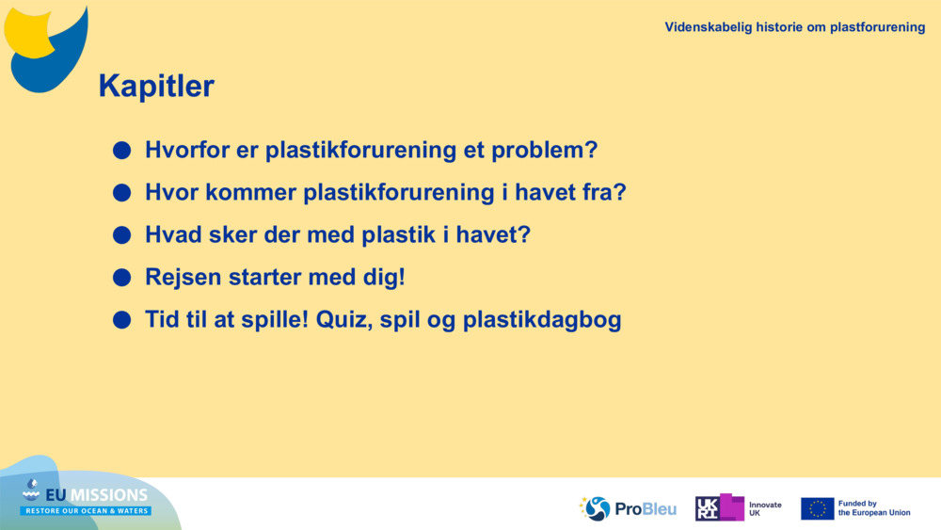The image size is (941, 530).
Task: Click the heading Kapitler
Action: [156, 86]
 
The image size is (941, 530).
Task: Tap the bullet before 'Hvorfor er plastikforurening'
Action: [121, 150]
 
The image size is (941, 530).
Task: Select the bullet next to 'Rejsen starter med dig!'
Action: [121, 278]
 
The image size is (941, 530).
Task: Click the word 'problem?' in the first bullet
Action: [544, 151]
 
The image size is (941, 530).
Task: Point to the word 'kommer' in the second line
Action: [251, 193]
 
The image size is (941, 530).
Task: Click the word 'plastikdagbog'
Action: [542, 320]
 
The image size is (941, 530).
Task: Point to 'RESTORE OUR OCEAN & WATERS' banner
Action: [86, 511]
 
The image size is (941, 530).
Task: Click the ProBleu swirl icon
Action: [596, 508]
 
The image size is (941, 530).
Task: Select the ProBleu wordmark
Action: [646, 509]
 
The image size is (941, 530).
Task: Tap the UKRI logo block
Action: [720, 507]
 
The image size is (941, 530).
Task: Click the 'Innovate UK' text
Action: [765, 509]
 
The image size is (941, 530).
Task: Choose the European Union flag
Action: [818, 508]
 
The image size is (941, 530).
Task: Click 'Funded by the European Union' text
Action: [874, 508]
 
